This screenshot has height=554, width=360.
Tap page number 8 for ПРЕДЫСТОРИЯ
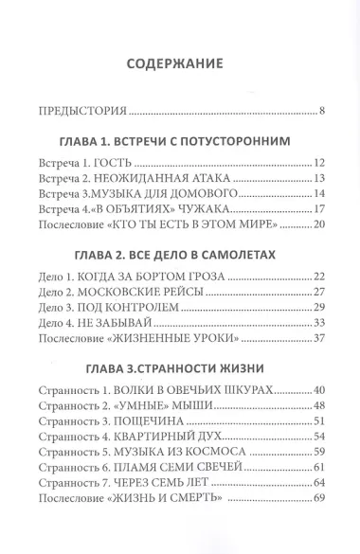point(322,114)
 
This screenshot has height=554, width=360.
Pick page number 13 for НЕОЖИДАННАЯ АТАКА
point(318,178)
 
